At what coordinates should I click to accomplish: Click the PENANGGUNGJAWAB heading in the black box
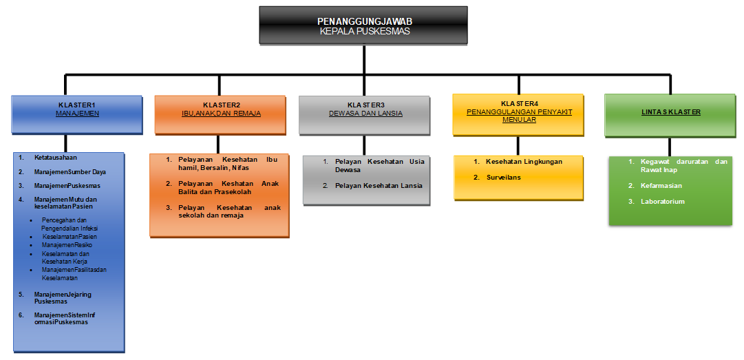click(x=365, y=21)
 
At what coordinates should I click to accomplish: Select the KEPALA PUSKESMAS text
click(x=365, y=31)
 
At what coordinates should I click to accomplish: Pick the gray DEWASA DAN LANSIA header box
click(x=365, y=114)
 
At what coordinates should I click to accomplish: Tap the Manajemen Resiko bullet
click(x=67, y=244)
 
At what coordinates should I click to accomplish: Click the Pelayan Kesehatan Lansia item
click(x=379, y=185)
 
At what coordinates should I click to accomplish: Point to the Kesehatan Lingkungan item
click(x=524, y=162)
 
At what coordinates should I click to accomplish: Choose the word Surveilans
click(x=503, y=177)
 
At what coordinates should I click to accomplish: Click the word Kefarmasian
click(x=661, y=186)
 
